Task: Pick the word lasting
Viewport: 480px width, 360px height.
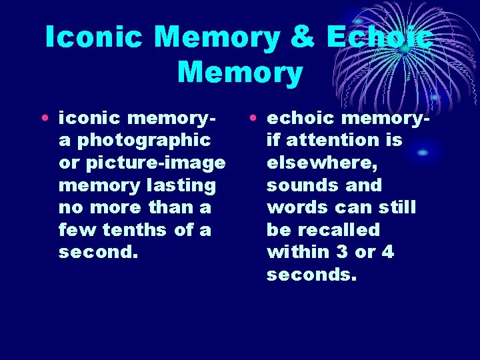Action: (x=182, y=185)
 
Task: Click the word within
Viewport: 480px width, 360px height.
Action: (x=298, y=253)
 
